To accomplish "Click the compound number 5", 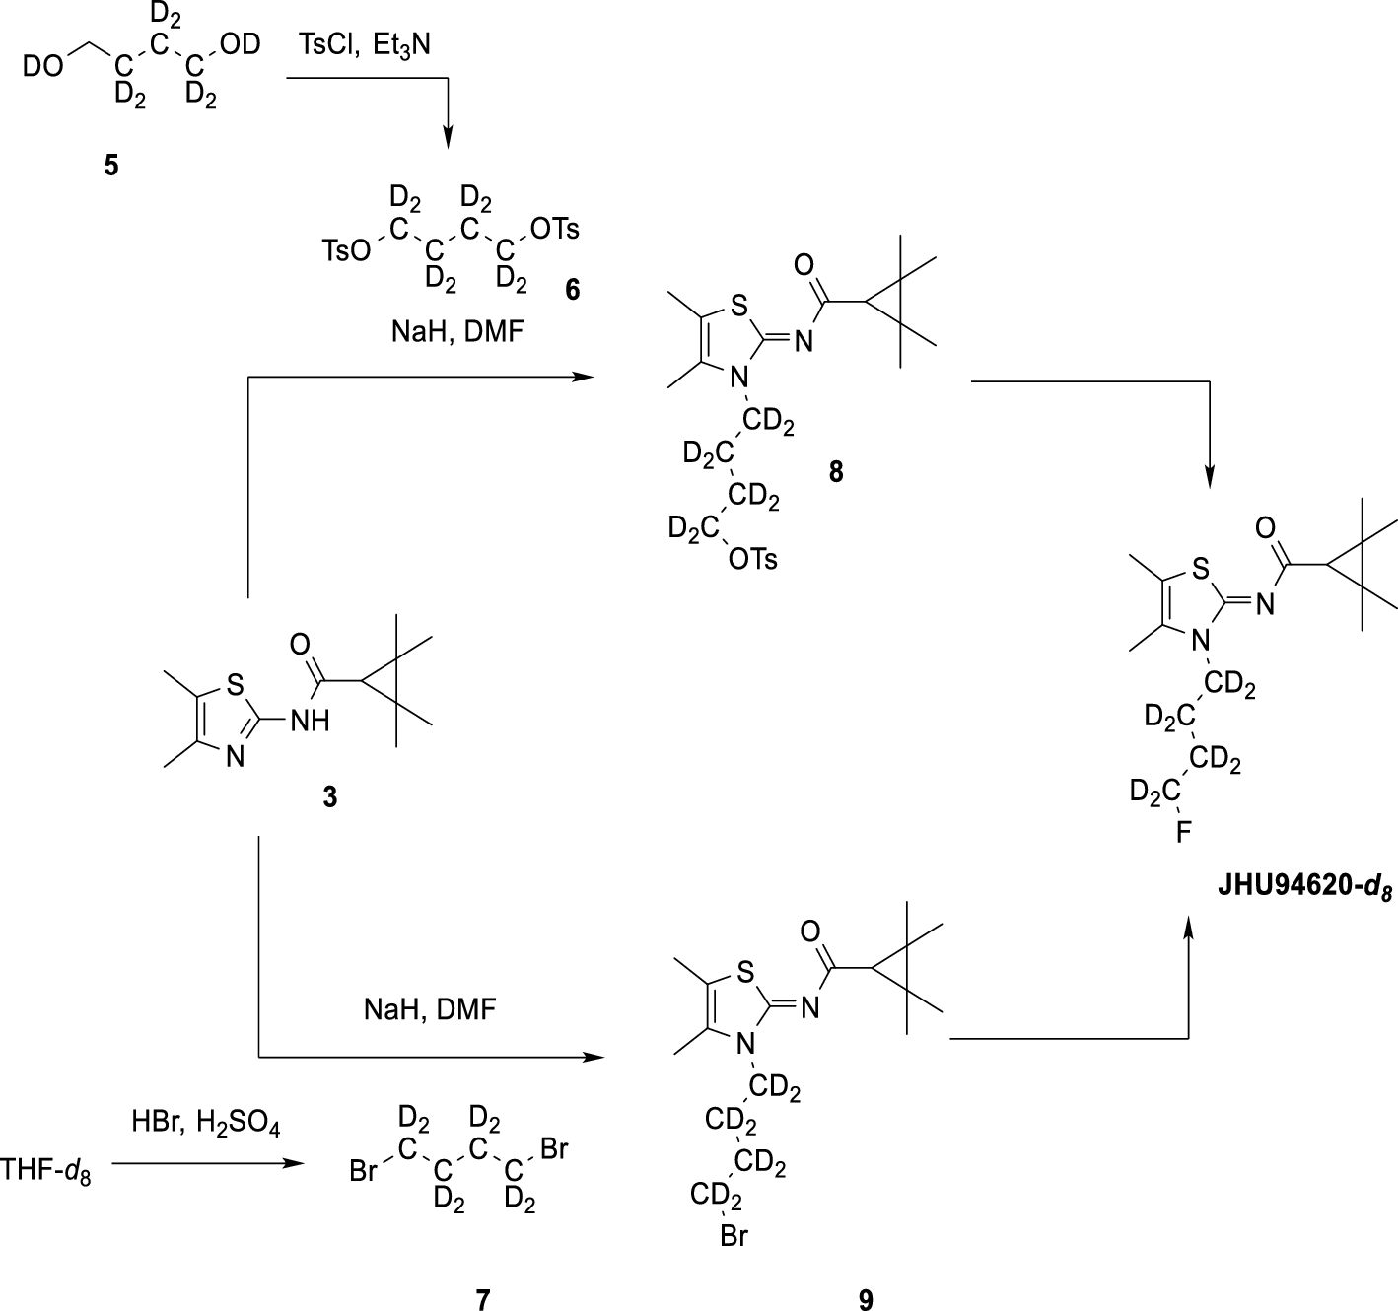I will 110,166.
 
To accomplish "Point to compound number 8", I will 836,472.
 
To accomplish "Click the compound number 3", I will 329,796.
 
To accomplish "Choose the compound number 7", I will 482,1300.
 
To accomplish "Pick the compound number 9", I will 865,1300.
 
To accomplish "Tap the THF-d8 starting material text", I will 46,1171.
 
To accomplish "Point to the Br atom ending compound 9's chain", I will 734,1236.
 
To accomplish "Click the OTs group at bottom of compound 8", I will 752,560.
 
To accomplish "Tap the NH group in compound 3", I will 310,722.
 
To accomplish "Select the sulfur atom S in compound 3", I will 234,682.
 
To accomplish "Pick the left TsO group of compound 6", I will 346,252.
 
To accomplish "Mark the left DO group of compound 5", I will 46,66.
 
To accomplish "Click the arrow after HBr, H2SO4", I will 207,1164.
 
